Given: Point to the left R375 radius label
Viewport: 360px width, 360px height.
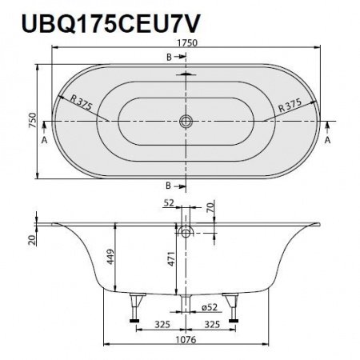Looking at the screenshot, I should point(77,104).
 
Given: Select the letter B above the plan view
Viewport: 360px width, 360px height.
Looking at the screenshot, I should point(169,58).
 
